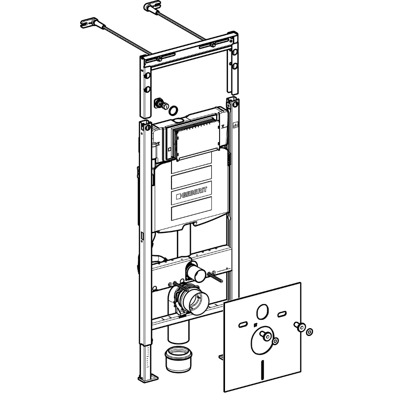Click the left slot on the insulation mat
[243, 324]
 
